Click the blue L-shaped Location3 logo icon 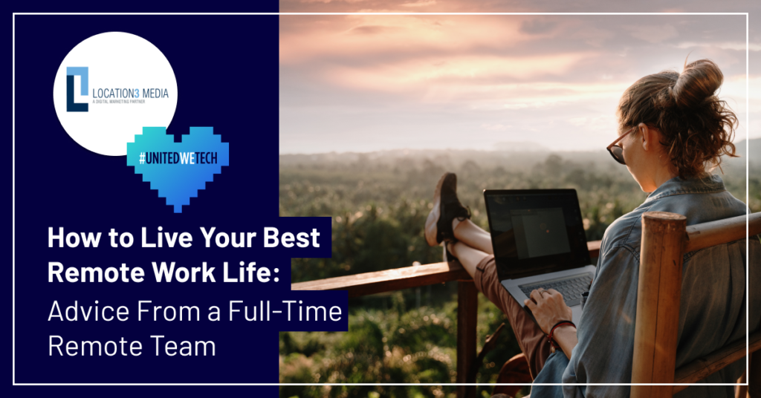77,89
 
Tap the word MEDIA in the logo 156,93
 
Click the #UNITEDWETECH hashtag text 178,158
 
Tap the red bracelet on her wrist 559,331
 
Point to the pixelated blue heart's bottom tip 178,211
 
